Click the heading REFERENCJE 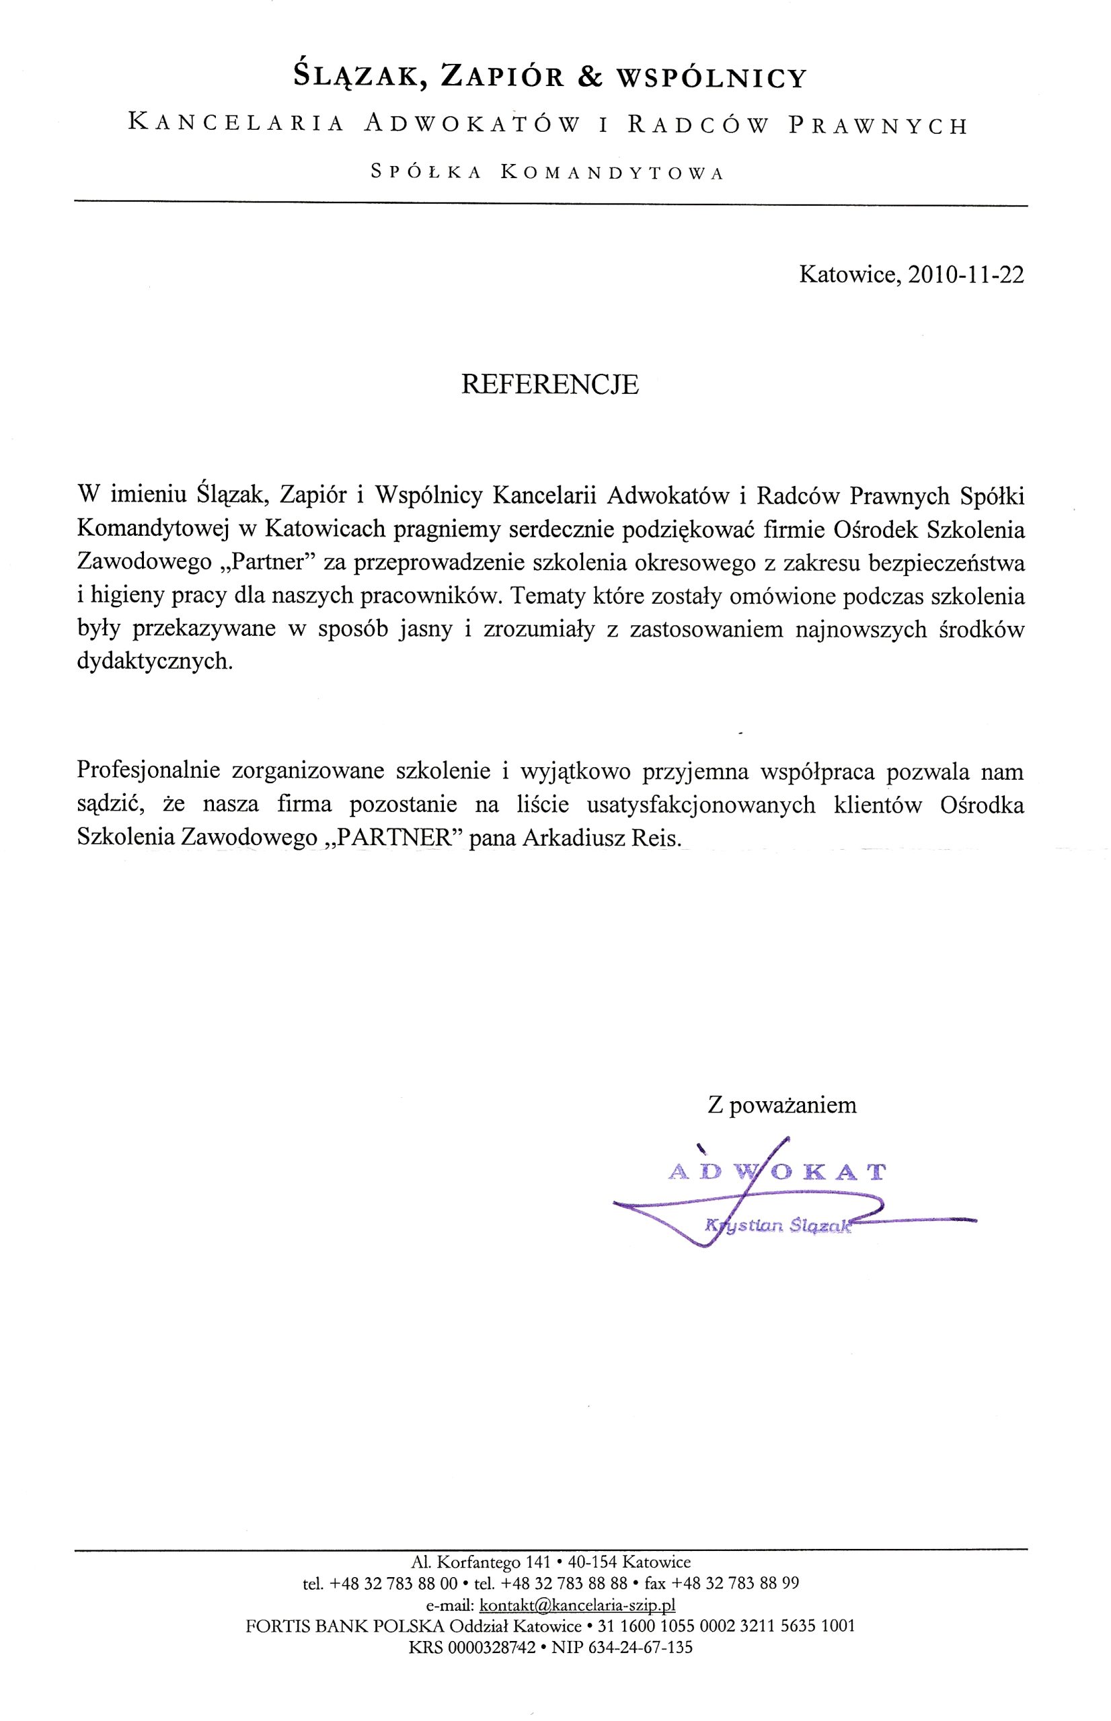click(x=549, y=385)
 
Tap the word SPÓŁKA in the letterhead click(x=426, y=172)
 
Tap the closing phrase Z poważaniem click(x=782, y=1105)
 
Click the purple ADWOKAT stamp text click(x=776, y=1172)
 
